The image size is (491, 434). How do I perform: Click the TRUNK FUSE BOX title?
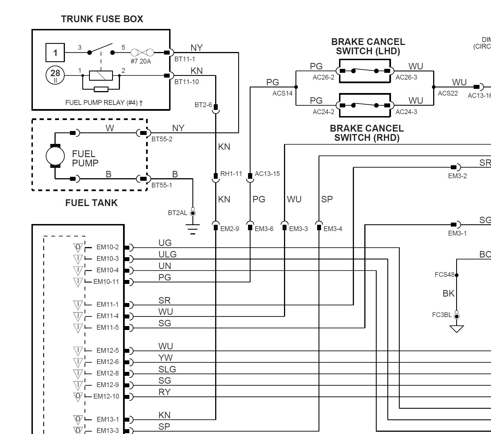(x=102, y=19)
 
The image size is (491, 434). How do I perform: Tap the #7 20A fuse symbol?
(x=142, y=53)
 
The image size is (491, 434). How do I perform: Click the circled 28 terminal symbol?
(x=55, y=75)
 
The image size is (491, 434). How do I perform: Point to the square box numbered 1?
(x=55, y=53)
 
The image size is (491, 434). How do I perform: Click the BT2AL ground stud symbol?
(x=193, y=213)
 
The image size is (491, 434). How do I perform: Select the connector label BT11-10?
(x=187, y=82)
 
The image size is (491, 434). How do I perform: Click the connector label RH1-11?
(x=231, y=174)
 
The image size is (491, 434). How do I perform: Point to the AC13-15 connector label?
(x=267, y=174)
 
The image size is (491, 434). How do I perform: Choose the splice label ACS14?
(x=282, y=93)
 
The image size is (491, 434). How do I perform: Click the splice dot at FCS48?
(x=457, y=275)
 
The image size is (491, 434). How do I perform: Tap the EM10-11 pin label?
(x=106, y=282)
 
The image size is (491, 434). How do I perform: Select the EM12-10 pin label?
(x=106, y=396)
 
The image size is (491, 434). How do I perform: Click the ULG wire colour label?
(x=167, y=254)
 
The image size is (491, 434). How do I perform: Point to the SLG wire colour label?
(x=167, y=369)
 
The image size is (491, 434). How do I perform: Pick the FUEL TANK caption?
(x=91, y=203)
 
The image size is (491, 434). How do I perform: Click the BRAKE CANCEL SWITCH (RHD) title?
(x=367, y=133)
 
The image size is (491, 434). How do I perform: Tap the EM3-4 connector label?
(x=333, y=229)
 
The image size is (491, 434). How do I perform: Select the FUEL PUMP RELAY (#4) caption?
(x=104, y=103)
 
